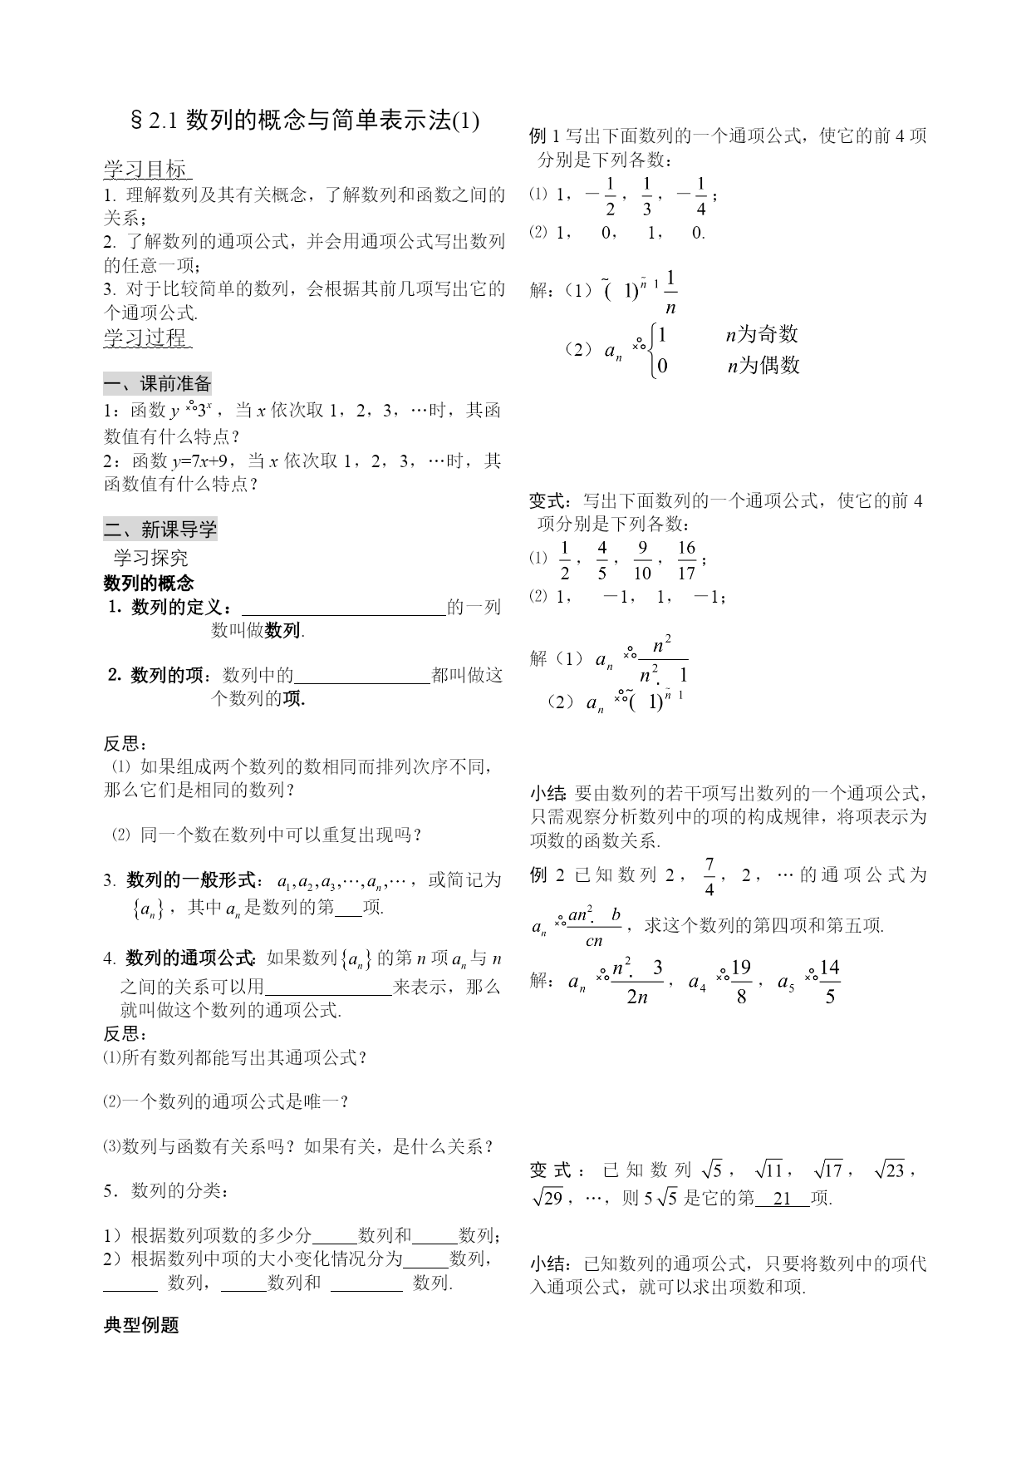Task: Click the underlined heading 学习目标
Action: point(146,170)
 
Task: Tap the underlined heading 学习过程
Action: point(146,337)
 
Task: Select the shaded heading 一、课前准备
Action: point(158,384)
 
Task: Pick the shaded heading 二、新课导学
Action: point(160,529)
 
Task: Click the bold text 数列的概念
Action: point(148,583)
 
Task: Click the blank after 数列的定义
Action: point(342,608)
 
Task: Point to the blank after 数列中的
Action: point(362,676)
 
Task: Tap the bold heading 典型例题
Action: point(141,1326)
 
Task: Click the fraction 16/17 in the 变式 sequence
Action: point(686,559)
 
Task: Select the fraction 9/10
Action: point(642,559)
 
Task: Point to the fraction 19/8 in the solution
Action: point(741,981)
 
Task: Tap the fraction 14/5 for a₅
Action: point(829,981)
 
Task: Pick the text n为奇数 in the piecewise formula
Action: point(762,334)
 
